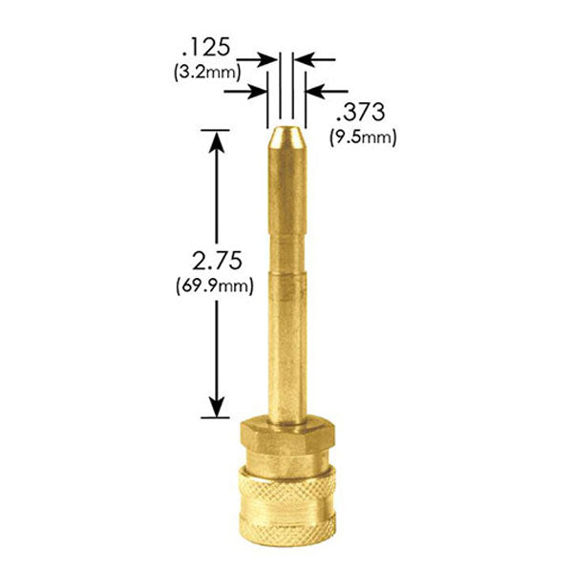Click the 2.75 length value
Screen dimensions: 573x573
(x=218, y=261)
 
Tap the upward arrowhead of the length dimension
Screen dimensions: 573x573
(x=219, y=141)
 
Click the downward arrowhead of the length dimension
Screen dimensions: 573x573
(x=219, y=405)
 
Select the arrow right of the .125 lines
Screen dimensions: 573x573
(x=315, y=59)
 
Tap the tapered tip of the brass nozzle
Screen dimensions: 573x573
(x=286, y=139)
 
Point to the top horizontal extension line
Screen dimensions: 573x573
(x=218, y=129)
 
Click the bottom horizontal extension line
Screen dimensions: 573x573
(x=218, y=417)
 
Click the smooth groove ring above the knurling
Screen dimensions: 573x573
(x=286, y=470)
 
